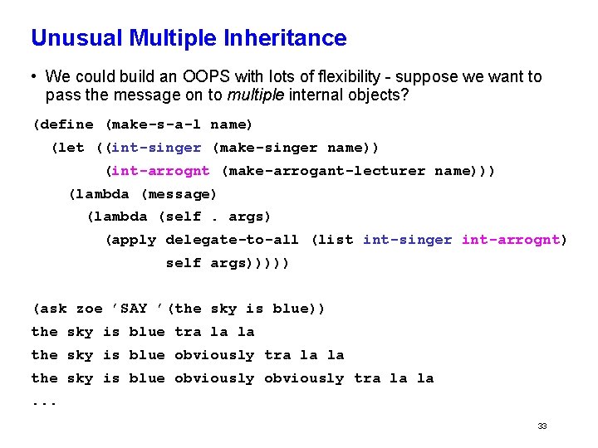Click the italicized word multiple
tap(253, 95)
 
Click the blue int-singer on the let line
tap(156, 148)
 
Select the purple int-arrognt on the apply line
tap(511, 240)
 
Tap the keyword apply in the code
tap(135, 240)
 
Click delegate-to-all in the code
tap(233, 240)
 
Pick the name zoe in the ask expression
tap(89, 309)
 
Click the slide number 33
tap(542, 426)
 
